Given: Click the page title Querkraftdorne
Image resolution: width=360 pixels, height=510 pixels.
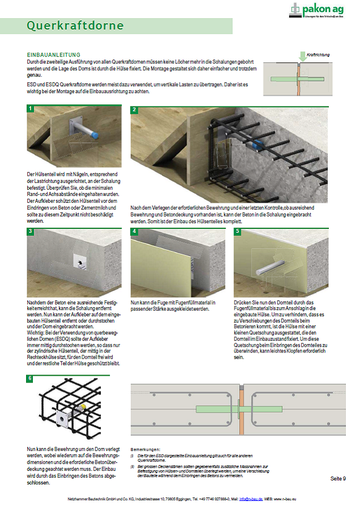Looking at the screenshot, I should pos(75,26).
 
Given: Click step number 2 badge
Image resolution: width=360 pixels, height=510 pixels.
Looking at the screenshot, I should pos(134,109).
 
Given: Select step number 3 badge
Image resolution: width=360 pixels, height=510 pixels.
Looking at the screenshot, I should pos(30,231).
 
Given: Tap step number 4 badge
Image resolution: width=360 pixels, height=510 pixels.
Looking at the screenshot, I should pos(134,231).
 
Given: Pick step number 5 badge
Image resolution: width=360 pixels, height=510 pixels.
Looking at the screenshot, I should pos(238,231).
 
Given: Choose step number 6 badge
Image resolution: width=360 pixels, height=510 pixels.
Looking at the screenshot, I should pos(30,379).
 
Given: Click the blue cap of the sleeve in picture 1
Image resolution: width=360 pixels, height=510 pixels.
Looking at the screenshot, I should pos(95,136).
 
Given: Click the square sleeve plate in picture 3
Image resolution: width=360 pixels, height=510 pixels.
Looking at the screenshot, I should pos(79,261).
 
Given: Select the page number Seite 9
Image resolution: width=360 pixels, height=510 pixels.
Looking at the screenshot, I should pos(338,479).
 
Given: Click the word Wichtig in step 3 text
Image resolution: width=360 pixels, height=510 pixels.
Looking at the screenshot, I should pos(36,332).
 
